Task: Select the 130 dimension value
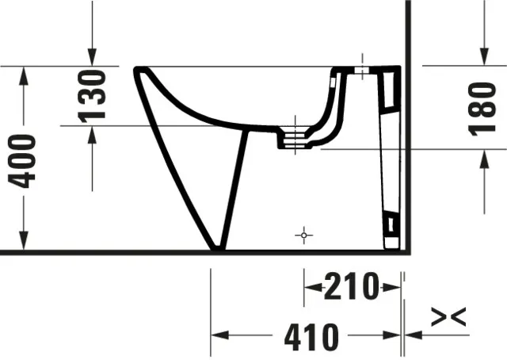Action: coord(93,94)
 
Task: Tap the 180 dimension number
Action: coord(483,107)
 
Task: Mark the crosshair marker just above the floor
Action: coord(303,236)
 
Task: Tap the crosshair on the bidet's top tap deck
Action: coord(362,70)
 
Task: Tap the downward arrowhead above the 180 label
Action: coord(483,59)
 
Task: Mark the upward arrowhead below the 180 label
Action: coord(483,156)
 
